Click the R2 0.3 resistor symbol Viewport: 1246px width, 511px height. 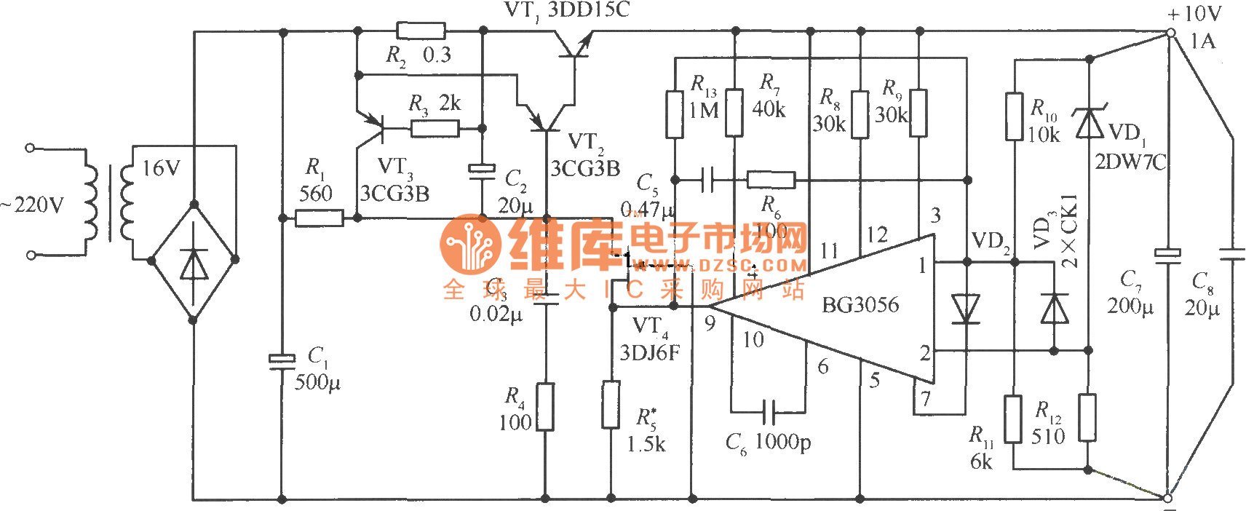click(x=421, y=31)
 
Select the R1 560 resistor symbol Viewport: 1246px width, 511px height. click(x=319, y=218)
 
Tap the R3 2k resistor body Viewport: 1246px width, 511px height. click(x=434, y=129)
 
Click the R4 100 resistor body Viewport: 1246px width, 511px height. click(x=544, y=407)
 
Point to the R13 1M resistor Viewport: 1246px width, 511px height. click(x=675, y=114)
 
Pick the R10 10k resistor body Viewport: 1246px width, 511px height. click(x=1014, y=116)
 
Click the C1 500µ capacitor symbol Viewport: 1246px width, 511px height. click(x=282, y=361)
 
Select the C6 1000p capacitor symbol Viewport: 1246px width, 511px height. click(x=769, y=412)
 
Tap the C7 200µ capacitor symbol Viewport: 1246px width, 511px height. click(x=1167, y=255)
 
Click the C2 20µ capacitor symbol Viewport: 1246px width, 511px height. click(x=481, y=170)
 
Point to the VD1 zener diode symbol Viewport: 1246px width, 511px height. click(x=1090, y=122)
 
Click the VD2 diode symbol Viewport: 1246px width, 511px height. click(x=967, y=308)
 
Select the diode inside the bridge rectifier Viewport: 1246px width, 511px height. click(x=193, y=264)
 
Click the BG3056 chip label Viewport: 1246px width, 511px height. click(x=860, y=304)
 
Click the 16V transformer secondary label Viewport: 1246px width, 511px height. click(x=160, y=169)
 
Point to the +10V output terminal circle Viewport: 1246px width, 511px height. click(x=1170, y=33)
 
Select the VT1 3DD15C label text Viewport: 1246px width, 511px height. click(x=567, y=10)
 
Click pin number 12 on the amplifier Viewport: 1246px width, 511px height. click(x=877, y=234)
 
